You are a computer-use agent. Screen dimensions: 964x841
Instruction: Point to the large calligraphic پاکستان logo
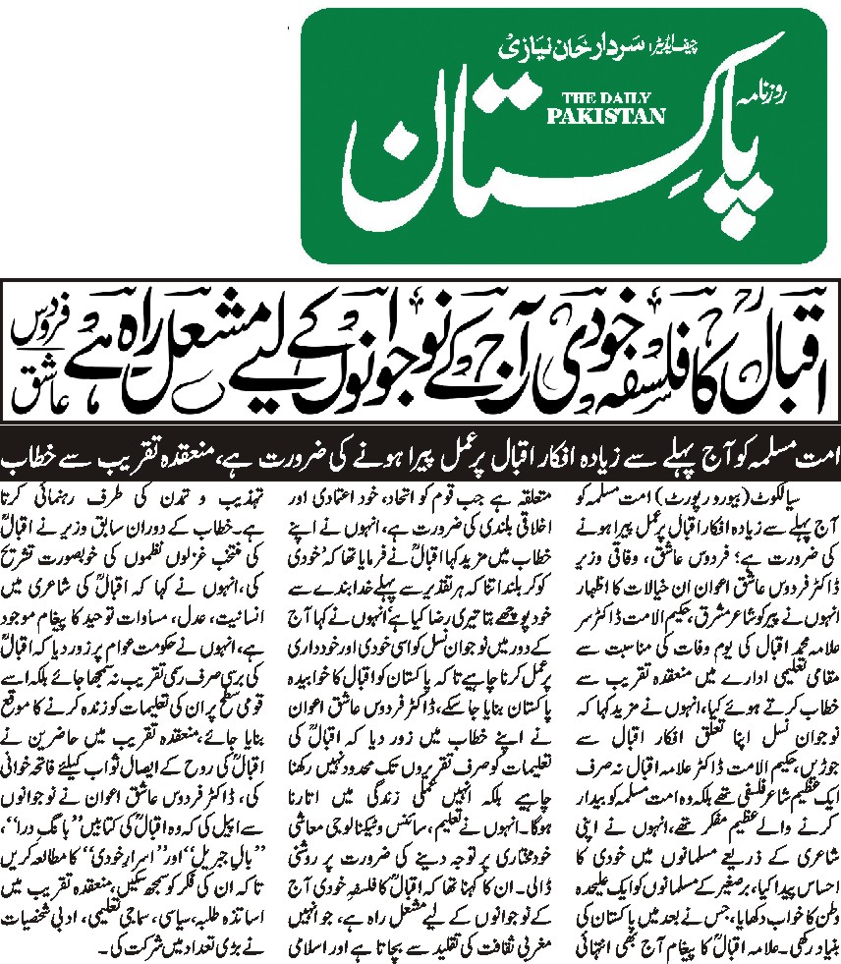(x=531, y=157)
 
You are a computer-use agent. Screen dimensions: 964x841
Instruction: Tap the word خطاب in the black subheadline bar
(x=34, y=460)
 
